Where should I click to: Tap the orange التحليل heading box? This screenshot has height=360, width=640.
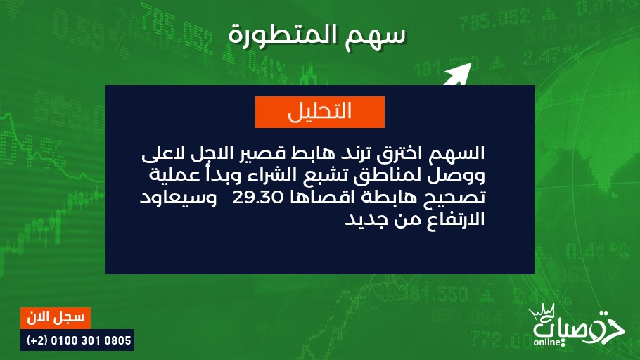point(320,112)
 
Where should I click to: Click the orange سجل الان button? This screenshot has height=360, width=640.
point(56,318)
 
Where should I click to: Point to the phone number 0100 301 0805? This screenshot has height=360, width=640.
point(91,340)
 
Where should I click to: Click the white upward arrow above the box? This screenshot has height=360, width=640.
point(458,75)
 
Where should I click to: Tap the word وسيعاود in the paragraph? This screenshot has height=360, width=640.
point(179,198)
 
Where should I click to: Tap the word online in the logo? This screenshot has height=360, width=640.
point(547,341)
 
